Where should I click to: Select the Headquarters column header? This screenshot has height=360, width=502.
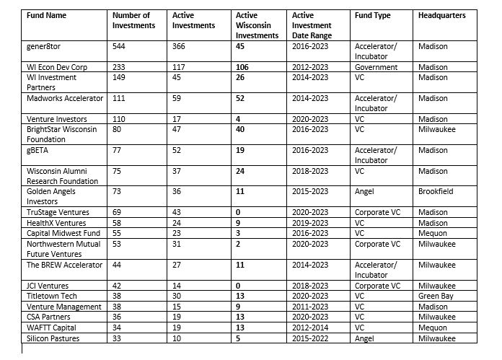442,15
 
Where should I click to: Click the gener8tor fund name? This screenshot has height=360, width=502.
45,46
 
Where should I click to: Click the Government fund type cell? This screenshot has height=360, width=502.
376,67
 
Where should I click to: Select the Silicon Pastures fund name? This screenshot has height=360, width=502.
53,338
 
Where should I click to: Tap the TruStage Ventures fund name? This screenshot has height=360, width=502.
58,213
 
